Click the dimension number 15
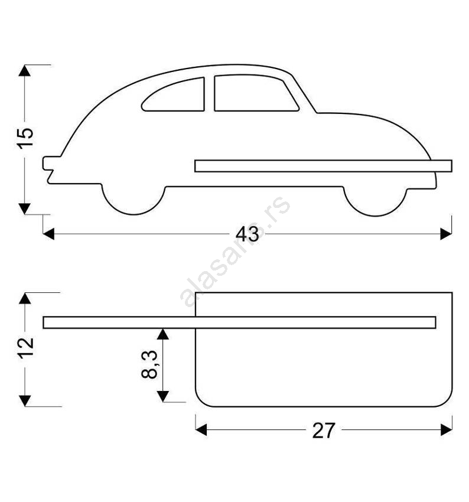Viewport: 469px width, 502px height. (x=25, y=138)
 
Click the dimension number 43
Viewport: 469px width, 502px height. (x=247, y=234)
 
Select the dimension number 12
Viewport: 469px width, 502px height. (x=25, y=348)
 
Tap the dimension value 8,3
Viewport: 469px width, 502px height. (x=149, y=364)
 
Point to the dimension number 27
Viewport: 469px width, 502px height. (x=324, y=431)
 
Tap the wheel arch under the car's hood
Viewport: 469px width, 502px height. (x=375, y=201)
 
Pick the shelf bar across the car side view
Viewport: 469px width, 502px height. (x=323, y=166)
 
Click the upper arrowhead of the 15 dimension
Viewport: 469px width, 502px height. (x=25, y=70)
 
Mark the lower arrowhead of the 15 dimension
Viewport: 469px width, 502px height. (x=25, y=208)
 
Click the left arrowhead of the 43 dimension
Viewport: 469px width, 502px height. (x=48, y=234)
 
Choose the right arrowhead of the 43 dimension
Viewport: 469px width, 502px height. (x=446, y=234)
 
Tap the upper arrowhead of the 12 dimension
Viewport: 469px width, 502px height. (x=25, y=298)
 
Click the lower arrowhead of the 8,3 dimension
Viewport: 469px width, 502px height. (x=163, y=396)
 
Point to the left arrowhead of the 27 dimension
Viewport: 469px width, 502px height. (x=201, y=429)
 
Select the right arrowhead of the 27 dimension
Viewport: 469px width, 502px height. (x=447, y=429)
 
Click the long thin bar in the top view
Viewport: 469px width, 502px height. (x=239, y=322)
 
